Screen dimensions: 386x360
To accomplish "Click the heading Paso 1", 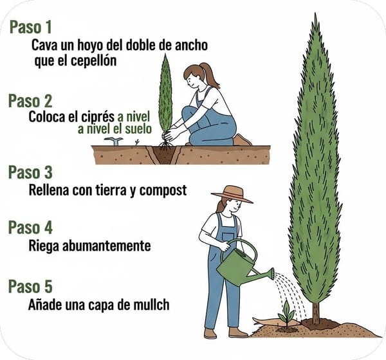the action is pyautogui.click(x=31, y=27).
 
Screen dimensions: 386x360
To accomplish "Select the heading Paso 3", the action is pyautogui.click(x=30, y=172).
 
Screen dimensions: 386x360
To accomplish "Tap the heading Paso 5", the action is pyautogui.click(x=30, y=286).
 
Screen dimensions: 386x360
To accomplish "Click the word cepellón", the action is pyautogui.click(x=94, y=61).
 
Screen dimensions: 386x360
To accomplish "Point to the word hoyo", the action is pyautogui.click(x=91, y=45).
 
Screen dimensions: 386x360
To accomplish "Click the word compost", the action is pyautogui.click(x=163, y=191).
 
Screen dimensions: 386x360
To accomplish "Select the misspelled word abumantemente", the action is pyautogui.click(x=107, y=246).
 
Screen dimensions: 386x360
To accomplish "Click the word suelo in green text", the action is pyautogui.click(x=138, y=129).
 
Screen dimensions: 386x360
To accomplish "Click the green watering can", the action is pyautogui.click(x=243, y=264).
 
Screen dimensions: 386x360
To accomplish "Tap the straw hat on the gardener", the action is pyautogui.click(x=232, y=194).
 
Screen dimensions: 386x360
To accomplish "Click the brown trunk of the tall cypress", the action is pyautogui.click(x=316, y=312).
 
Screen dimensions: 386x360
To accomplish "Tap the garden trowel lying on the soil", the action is pyautogui.click(x=114, y=141).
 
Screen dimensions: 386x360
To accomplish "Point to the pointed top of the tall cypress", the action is pyautogui.click(x=315, y=14).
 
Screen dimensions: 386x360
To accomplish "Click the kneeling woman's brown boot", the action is pyautogui.click(x=243, y=141).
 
